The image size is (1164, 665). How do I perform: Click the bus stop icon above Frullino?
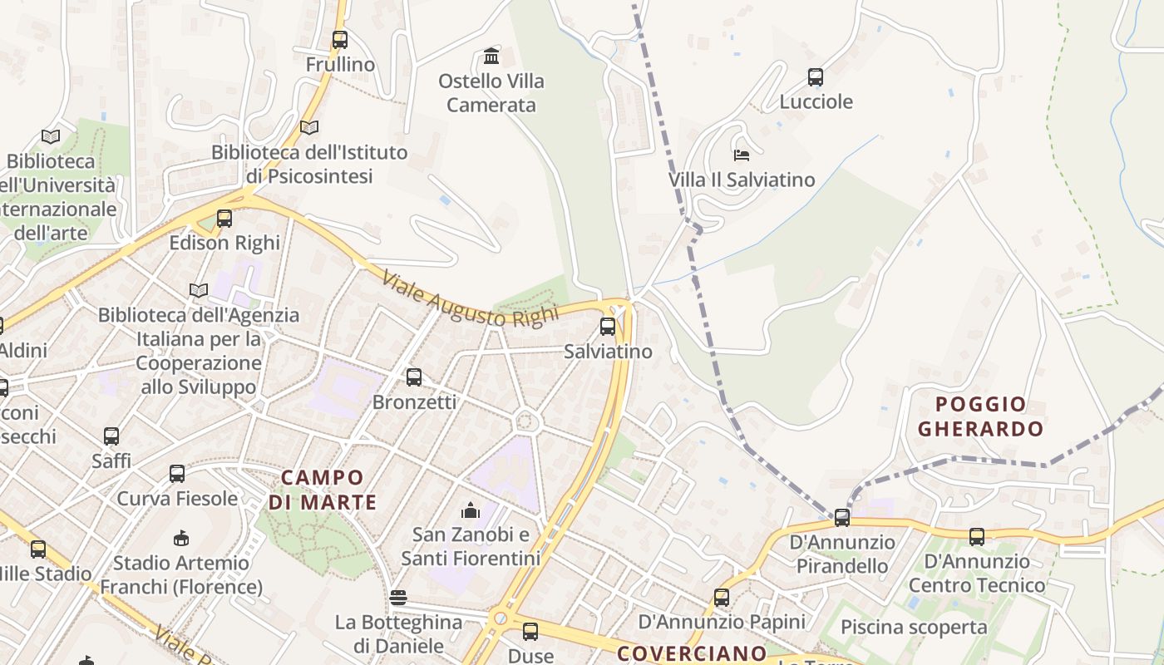coord(339,39)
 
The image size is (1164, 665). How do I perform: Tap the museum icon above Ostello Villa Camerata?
coord(491,57)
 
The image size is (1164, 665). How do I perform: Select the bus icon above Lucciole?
coord(816,77)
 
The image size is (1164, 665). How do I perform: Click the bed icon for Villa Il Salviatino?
coord(742,155)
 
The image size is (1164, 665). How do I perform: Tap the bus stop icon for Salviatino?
coord(608,327)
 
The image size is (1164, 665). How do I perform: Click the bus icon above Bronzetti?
coord(414,377)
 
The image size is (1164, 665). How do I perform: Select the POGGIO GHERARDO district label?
coord(981,417)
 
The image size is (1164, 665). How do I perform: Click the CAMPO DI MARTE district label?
coord(323,490)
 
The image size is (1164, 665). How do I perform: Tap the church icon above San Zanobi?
coord(471,510)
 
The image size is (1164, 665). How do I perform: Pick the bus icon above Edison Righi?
coord(224,219)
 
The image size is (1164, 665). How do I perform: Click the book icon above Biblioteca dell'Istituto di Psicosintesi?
coord(309,128)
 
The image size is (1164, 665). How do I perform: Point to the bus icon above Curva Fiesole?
coord(177,474)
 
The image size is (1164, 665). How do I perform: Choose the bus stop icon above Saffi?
coord(111,436)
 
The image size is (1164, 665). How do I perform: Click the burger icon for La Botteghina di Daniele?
coord(398,598)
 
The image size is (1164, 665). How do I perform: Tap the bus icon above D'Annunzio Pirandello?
coord(842,518)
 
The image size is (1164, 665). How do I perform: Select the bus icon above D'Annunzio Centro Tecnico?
coord(977,537)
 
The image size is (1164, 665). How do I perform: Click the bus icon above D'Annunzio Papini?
coord(722,597)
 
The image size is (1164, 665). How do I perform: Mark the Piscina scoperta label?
coord(915,627)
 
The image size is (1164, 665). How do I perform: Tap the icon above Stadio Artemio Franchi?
coord(181,539)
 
